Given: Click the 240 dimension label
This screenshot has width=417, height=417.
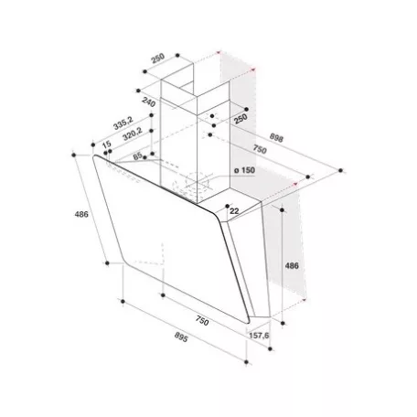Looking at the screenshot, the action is point(149,102).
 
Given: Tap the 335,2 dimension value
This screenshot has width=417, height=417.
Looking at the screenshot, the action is point(123,123).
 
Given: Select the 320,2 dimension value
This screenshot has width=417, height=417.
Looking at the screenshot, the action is point(133,134).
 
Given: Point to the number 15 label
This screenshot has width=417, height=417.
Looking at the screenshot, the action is point(106,145).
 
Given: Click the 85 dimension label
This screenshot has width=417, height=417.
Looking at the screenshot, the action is point(138,155).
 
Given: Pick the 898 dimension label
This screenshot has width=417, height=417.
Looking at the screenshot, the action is point(276,138).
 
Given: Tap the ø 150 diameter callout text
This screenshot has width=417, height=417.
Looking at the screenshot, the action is point(244,170).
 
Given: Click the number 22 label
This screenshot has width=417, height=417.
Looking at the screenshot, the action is point(234,211).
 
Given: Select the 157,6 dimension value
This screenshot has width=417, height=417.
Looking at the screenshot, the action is point(259,336).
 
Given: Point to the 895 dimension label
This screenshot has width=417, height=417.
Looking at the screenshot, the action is point(181,337).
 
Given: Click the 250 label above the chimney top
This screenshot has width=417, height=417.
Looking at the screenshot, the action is point(158,58).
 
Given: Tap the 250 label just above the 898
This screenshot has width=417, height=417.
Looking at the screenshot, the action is point(241,119).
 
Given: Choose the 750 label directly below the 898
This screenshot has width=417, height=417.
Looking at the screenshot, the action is point(260,149).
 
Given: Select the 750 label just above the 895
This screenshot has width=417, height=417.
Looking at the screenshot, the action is point(202,321).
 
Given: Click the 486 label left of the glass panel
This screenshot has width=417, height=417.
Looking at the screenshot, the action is point(81,214).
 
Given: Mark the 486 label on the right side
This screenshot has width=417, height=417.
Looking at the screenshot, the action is point(292,266).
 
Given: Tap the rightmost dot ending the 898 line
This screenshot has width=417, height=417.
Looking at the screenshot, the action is point(340,170).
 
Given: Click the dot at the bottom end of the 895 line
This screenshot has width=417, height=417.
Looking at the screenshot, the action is point(246,362).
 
